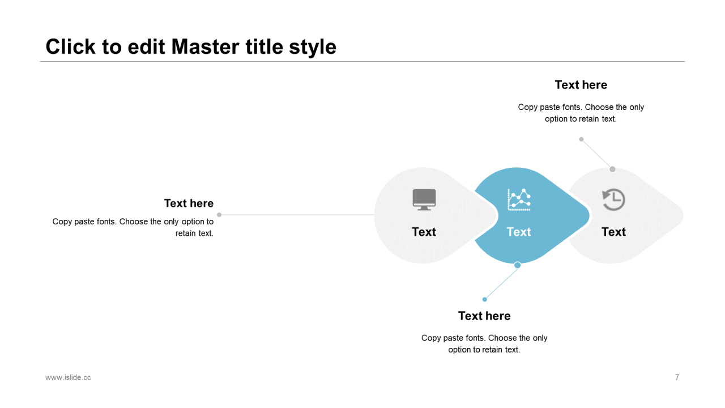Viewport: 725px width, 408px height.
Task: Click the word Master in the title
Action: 205,46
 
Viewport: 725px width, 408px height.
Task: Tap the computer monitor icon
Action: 424,199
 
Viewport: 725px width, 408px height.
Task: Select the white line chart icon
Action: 519,199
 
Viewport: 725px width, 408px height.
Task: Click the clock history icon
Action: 613,199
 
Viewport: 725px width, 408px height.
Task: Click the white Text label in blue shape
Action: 518,232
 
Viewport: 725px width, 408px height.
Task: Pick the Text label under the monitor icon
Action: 424,232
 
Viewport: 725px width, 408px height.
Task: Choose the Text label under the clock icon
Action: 613,232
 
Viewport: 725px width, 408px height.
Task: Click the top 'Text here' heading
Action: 581,85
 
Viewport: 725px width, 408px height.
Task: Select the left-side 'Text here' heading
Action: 189,203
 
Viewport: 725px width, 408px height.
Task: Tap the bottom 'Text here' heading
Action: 484,316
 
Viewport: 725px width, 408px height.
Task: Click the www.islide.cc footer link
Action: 68,377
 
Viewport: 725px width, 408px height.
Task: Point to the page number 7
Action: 677,377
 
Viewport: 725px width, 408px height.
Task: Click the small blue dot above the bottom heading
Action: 484,300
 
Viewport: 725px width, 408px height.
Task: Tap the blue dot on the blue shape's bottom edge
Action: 518,265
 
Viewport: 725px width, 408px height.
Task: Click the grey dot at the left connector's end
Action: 219,215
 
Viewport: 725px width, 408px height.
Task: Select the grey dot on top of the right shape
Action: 612,169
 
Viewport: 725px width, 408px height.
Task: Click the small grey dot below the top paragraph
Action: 581,139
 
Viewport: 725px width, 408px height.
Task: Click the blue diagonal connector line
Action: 501,282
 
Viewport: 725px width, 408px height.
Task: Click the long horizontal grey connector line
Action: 297,215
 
